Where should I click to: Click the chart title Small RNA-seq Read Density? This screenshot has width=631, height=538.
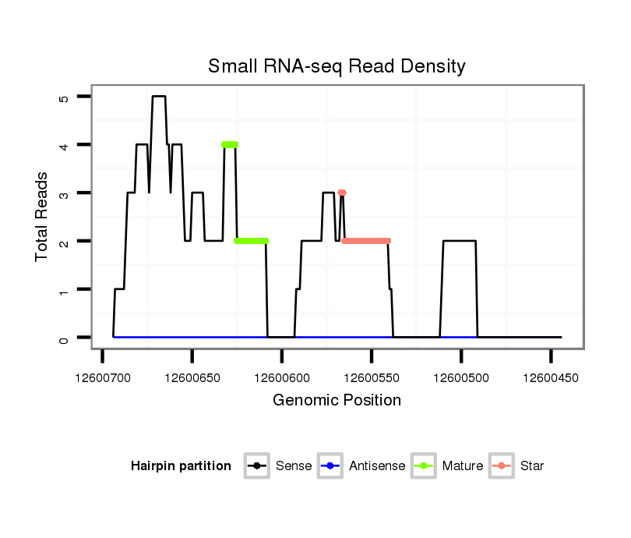point(337,66)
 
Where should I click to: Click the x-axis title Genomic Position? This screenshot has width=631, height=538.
point(337,401)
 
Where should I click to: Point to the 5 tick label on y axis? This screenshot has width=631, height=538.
point(64,97)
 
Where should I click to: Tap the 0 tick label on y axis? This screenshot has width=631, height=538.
point(64,338)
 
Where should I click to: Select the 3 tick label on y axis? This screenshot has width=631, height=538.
point(64,193)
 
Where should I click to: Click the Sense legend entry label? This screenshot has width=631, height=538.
point(294,466)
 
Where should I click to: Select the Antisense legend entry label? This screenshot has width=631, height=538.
point(377,466)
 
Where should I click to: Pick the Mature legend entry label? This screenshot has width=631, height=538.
point(462,466)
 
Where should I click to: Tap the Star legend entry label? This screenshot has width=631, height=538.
point(532,466)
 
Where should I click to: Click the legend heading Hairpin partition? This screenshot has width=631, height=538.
point(181,466)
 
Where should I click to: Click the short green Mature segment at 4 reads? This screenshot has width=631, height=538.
point(229,144)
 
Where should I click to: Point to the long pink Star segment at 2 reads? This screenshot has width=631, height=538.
point(365,241)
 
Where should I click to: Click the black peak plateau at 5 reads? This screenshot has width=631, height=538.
point(159,97)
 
